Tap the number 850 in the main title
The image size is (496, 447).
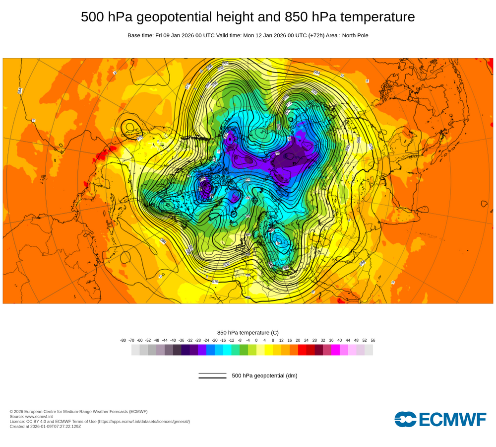[297, 17]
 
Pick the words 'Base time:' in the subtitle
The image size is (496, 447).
[140, 35]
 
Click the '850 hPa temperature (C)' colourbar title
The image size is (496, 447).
[248, 333]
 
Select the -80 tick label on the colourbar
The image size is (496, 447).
[123, 340]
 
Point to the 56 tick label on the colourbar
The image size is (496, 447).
[373, 340]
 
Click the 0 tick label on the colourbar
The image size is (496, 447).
[256, 340]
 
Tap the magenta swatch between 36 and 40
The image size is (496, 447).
[335, 350]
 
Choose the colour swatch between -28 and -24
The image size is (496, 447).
[202, 350]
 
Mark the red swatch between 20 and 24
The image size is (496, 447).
[302, 350]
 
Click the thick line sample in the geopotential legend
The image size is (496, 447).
[212, 377]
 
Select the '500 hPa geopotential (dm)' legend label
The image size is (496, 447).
[264, 375]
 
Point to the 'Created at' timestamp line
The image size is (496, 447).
[45, 427]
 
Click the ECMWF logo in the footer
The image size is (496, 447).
[440, 419]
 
